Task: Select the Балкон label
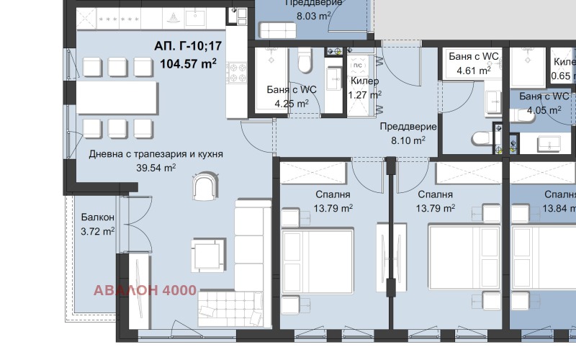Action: (97, 217)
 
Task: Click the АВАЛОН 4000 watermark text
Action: (145, 292)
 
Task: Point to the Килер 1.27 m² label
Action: (364, 87)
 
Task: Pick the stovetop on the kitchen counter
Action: (237, 70)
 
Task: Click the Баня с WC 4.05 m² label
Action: (544, 103)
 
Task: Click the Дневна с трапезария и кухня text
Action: (156, 154)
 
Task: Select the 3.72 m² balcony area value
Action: (98, 231)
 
